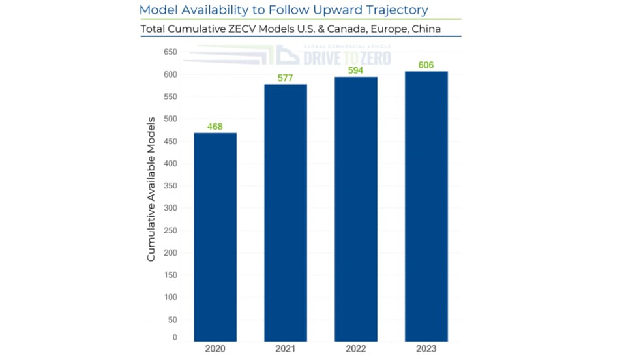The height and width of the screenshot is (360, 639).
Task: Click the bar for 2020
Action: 215,237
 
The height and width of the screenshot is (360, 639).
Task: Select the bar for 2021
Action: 286,213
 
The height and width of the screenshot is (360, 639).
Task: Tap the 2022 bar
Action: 356,209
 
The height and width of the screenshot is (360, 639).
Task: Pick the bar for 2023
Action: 426,206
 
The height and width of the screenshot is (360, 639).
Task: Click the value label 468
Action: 215,127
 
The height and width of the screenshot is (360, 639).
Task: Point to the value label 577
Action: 286,78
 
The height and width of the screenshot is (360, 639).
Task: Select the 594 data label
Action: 356,70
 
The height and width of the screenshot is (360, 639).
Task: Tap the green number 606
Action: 426,65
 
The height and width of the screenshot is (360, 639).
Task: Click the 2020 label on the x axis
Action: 215,350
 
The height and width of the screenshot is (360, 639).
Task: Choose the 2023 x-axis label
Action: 426,350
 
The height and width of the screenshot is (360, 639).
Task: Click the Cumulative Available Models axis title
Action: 151,189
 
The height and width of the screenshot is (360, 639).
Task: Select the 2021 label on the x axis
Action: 286,350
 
